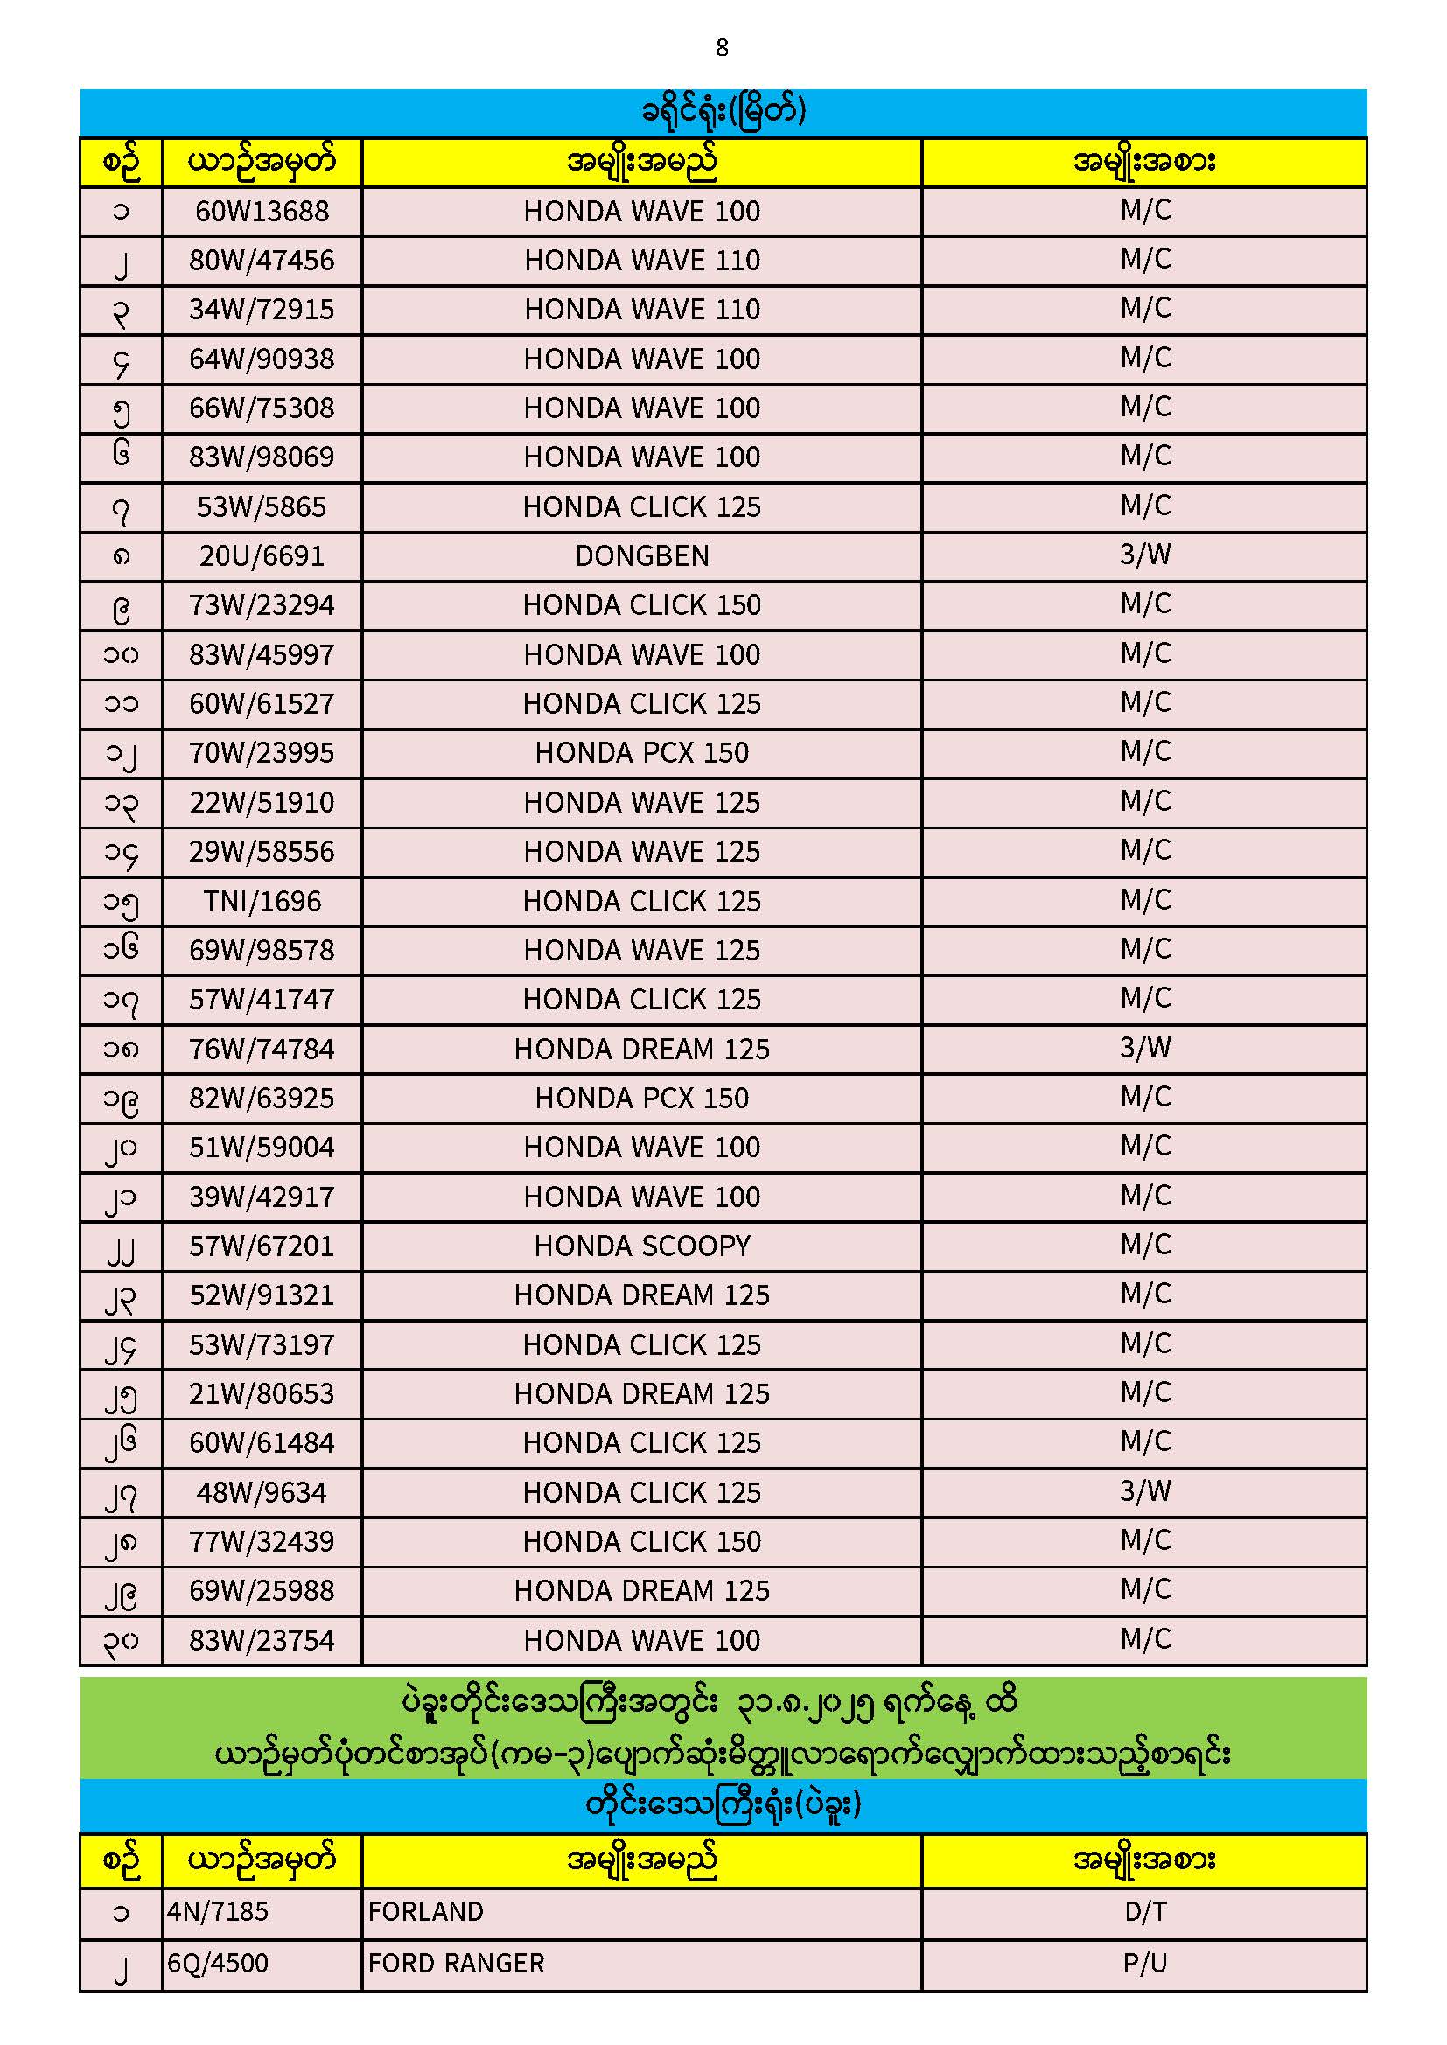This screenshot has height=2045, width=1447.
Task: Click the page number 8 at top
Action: click(x=722, y=48)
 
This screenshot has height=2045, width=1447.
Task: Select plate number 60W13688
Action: click(x=262, y=212)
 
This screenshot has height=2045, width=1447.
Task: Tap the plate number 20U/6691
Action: click(x=262, y=556)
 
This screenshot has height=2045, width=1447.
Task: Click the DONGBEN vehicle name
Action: click(x=641, y=556)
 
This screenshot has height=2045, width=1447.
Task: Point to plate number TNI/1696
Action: click(x=262, y=902)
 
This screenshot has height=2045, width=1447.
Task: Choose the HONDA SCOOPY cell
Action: click(x=641, y=1246)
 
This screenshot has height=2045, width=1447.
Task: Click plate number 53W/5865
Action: click(x=262, y=507)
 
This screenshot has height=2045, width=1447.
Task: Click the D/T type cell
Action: click(x=1145, y=1911)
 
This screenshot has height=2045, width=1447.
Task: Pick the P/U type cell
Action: click(x=1145, y=1963)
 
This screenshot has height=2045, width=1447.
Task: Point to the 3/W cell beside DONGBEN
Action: click(x=1145, y=555)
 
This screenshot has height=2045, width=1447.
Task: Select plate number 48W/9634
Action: click(x=262, y=1493)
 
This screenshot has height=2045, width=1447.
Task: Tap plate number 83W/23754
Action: click(x=262, y=1641)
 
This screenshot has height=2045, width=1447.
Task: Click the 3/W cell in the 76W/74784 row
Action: click(x=1145, y=1048)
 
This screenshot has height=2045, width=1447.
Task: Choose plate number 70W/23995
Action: click(x=262, y=753)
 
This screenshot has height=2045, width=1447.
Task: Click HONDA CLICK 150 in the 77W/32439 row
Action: click(x=641, y=1542)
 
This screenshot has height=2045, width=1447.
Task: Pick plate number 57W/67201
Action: click(x=262, y=1246)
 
